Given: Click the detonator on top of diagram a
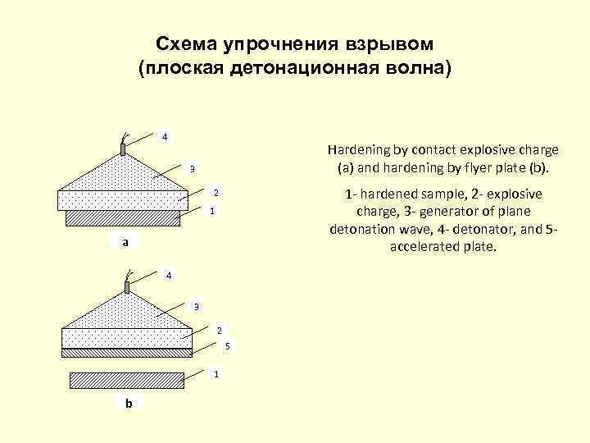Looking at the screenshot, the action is coord(123,148).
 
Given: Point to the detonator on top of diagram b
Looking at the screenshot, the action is coord(127,286).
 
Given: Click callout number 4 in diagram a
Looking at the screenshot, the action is coord(165,135).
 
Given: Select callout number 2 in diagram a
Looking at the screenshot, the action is coord(216,193).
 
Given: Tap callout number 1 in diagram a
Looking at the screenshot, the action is coord(211,212).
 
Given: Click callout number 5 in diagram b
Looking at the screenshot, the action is coord(228,345).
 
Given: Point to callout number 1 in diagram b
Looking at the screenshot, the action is coord(216,374).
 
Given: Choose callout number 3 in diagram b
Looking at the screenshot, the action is coord(196,307).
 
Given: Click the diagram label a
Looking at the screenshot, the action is coord(125,243).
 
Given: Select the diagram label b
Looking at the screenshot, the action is coord(128,403).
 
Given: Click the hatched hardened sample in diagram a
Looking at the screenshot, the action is coord(123,217).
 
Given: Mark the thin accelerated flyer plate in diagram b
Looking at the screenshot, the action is coord(127,353).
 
